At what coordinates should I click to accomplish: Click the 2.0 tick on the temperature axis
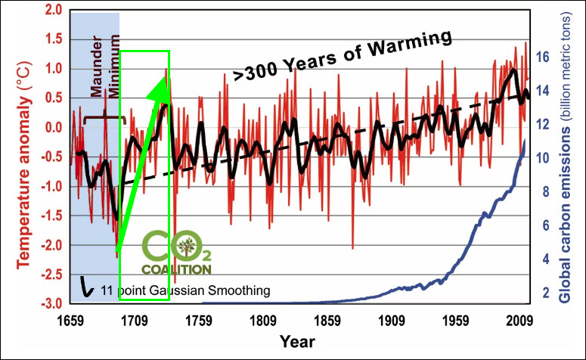52,10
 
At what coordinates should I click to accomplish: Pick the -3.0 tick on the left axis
50,303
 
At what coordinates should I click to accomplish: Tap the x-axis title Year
297,342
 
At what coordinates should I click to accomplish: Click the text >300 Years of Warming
343,55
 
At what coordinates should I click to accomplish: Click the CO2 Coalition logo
178,253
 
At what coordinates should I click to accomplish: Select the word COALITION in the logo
178,268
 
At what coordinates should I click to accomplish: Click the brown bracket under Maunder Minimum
103,119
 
